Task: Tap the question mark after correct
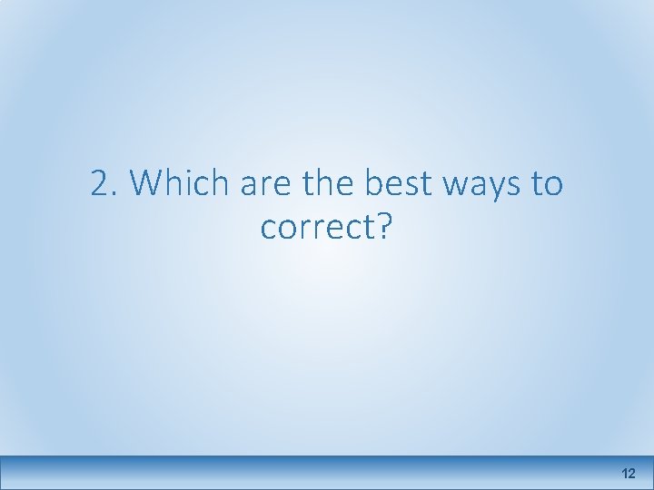pyautogui.click(x=382, y=227)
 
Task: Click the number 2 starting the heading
pyautogui.click(x=99, y=185)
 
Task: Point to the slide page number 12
pyautogui.click(x=629, y=474)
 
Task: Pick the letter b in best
pyautogui.click(x=372, y=184)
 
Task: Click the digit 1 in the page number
pyautogui.click(x=625, y=474)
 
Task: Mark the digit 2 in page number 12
pyautogui.click(x=632, y=474)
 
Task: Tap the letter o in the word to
pyautogui.click(x=554, y=186)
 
